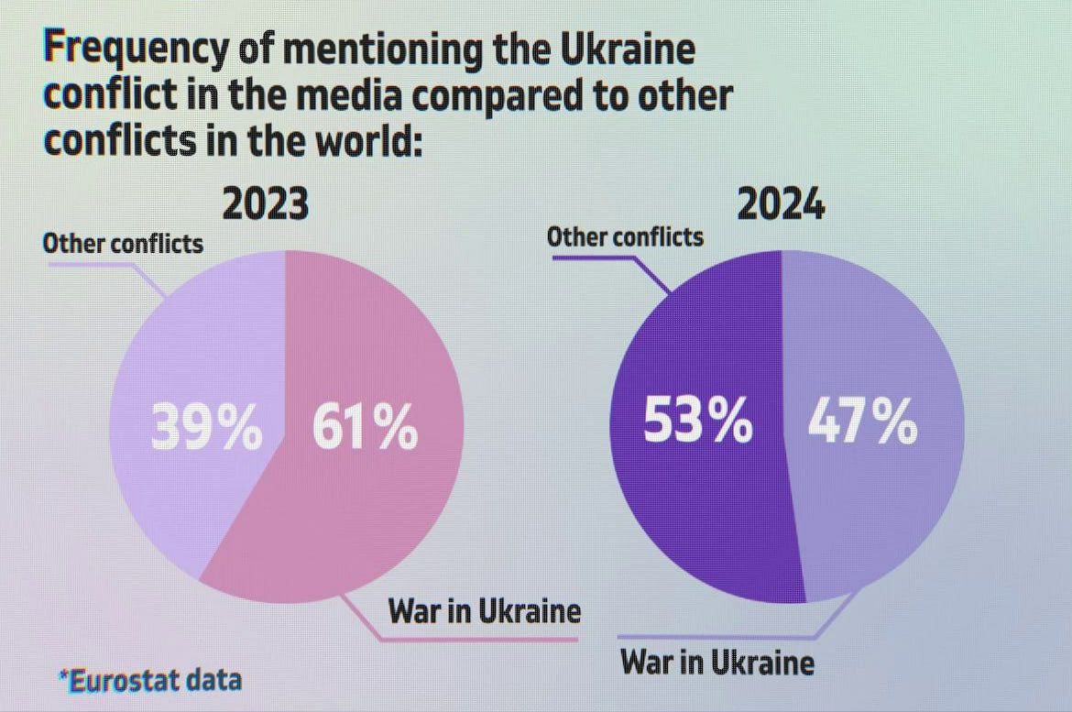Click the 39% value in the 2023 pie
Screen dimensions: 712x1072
[x=206, y=427]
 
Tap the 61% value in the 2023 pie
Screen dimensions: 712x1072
[x=365, y=427]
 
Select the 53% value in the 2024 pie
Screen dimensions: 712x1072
[x=698, y=422]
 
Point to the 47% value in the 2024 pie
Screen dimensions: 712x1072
[x=862, y=422]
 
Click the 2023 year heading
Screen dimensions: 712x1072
[x=266, y=204]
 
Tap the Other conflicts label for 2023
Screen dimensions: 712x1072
[x=123, y=244]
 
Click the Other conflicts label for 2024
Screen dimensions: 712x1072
[x=625, y=237]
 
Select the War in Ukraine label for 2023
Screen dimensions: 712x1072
[x=484, y=610]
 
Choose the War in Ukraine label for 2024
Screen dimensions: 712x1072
[x=716, y=661]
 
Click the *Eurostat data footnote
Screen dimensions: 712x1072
[x=149, y=680]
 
